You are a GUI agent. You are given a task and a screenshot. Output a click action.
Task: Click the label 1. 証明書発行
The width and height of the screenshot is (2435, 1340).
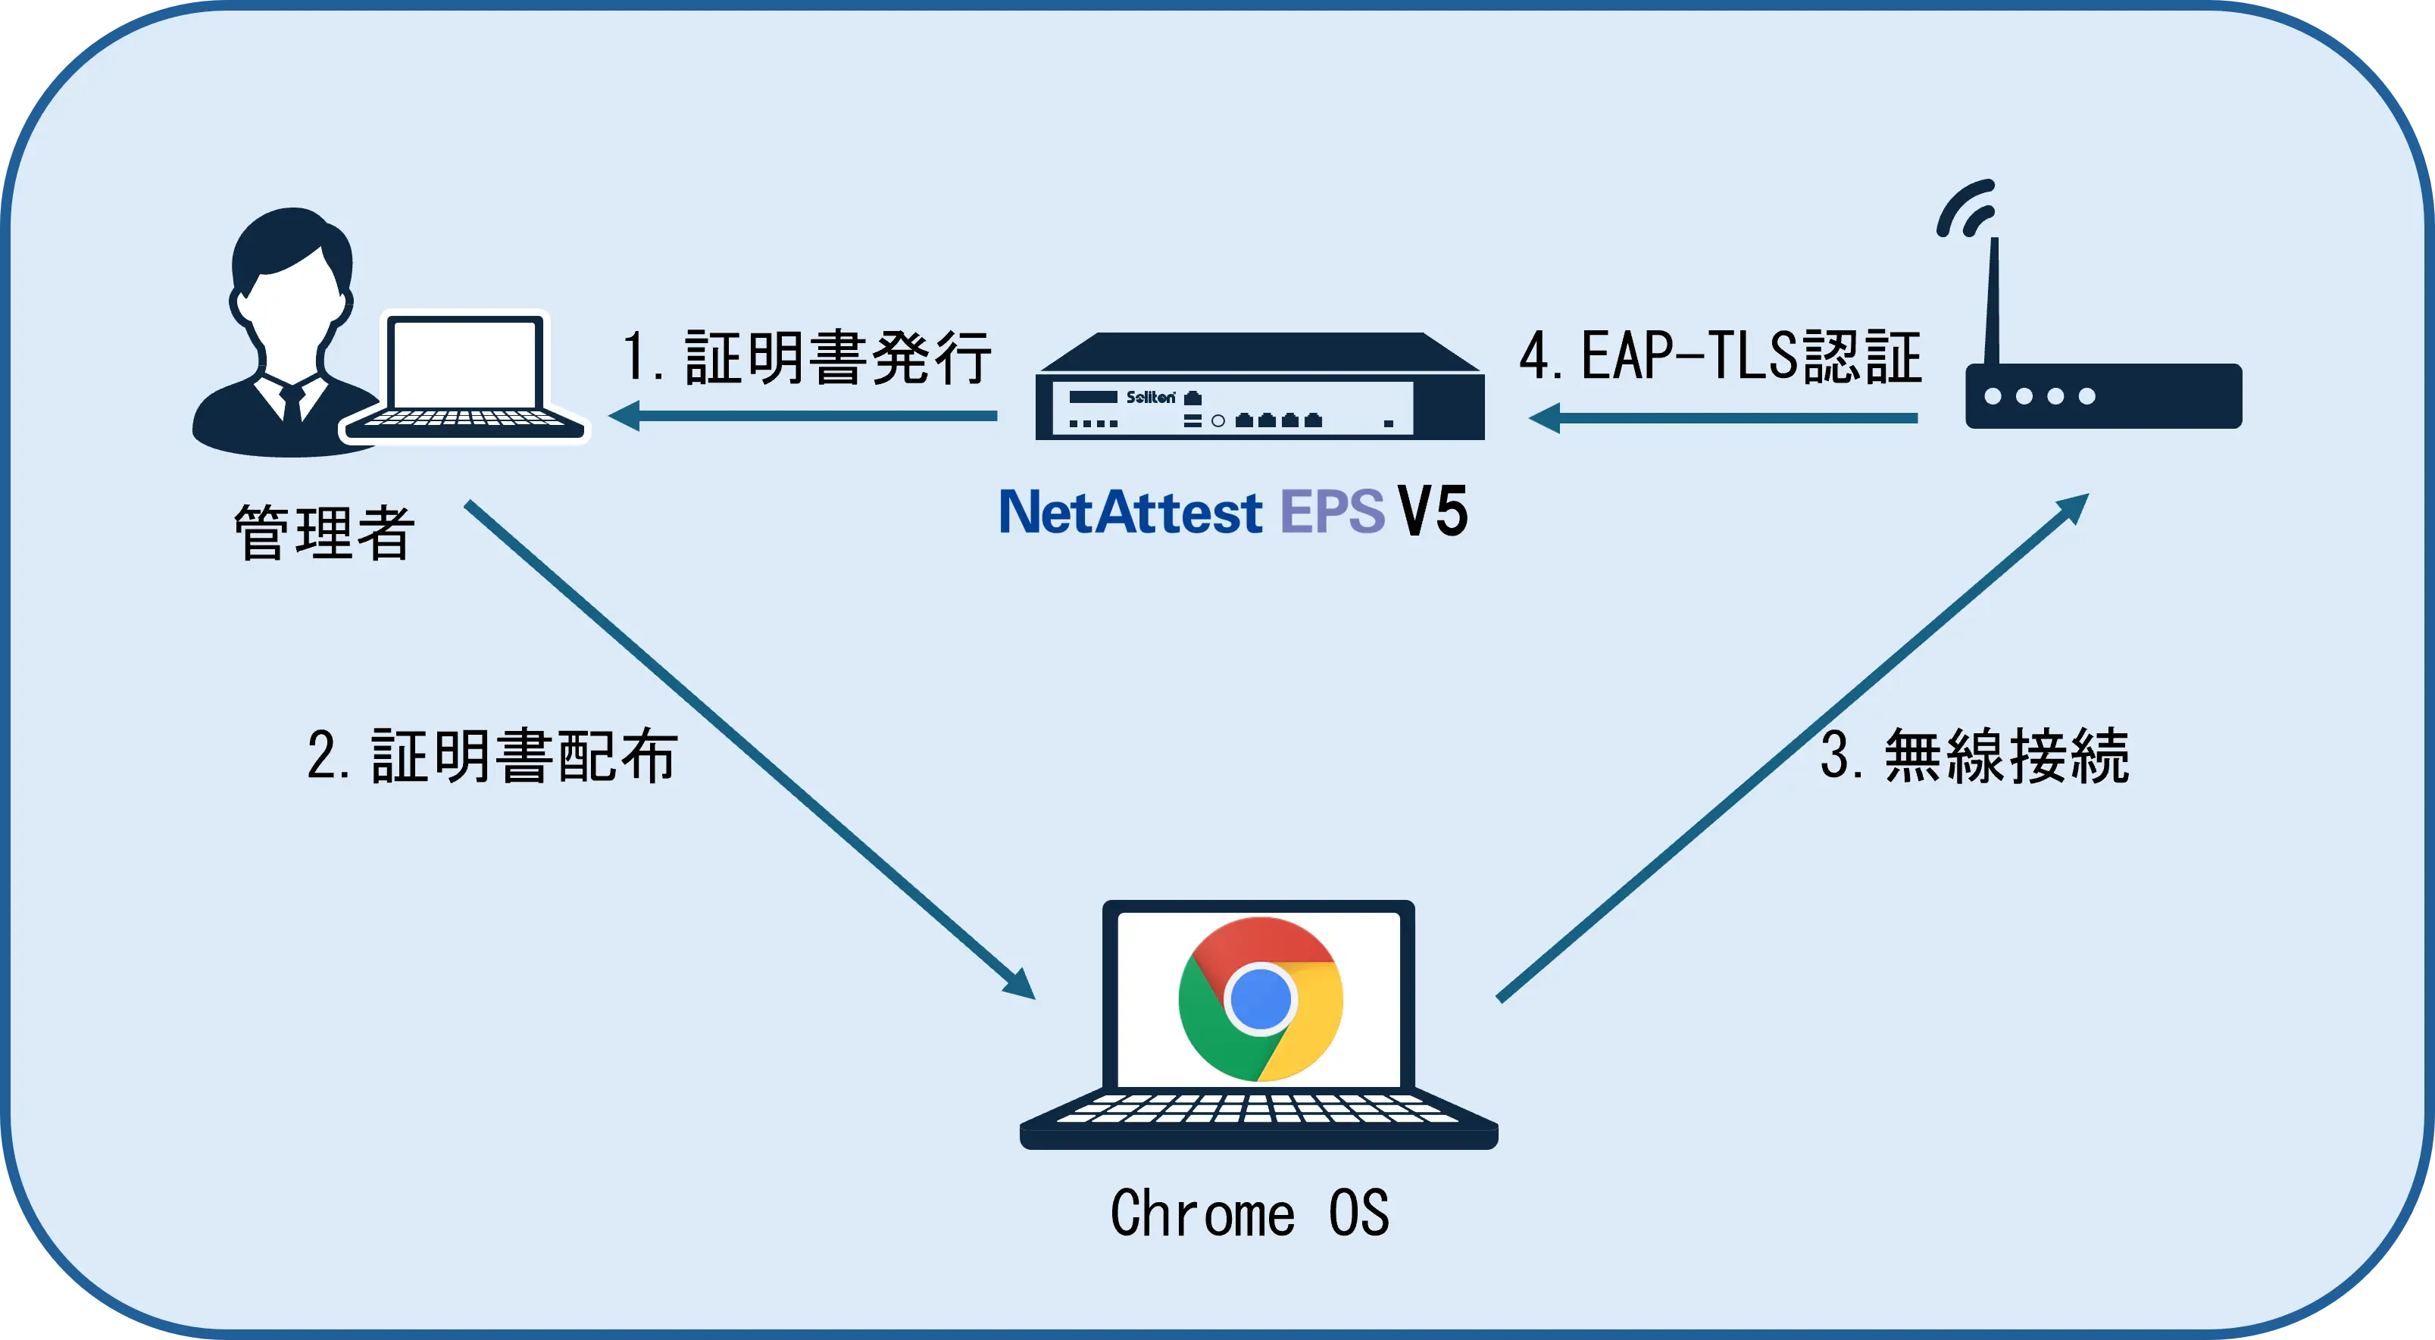(806, 358)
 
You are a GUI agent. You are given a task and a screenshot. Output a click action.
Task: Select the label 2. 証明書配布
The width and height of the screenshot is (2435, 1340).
(492, 756)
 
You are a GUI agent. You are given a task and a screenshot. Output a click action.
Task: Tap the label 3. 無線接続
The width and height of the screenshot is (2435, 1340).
(1974, 756)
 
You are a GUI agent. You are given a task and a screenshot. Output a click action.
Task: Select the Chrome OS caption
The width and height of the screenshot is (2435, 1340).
(1249, 1213)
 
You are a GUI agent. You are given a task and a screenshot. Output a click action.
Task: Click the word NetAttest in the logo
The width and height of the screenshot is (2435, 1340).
(1130, 512)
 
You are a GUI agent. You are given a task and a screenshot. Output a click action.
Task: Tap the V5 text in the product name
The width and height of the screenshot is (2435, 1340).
(1433, 512)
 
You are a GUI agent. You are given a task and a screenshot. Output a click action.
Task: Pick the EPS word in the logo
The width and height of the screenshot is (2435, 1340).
(1332, 512)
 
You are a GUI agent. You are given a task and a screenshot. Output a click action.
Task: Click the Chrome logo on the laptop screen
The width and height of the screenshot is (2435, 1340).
(1260, 999)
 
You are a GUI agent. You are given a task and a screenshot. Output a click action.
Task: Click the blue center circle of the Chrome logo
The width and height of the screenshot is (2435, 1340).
(1260, 999)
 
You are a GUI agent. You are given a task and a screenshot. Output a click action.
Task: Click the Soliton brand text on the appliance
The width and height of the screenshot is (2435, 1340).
(1150, 397)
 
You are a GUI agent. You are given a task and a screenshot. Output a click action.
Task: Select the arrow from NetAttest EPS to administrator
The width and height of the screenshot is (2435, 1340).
(804, 416)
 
